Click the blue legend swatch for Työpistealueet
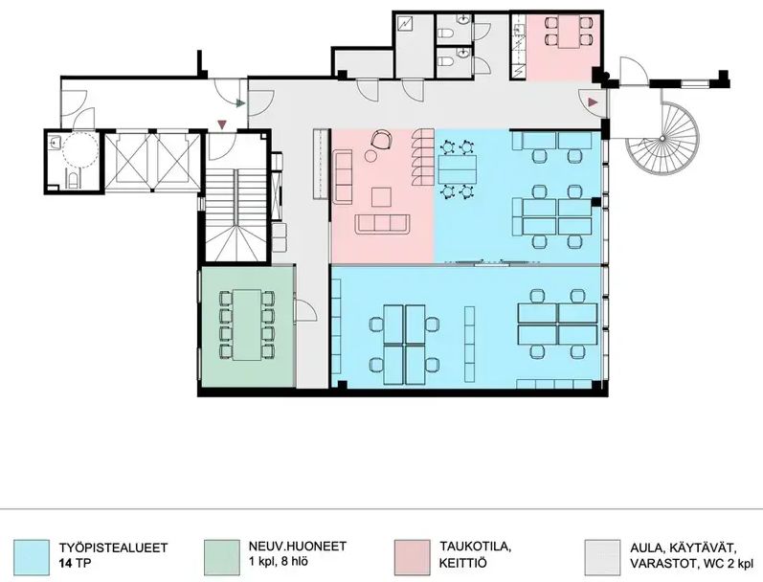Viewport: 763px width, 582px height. [x=32, y=557]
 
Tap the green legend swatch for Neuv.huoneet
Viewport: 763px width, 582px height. [x=222, y=557]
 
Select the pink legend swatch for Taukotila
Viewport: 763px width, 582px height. [x=413, y=557]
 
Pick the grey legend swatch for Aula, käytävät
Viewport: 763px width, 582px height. [x=602, y=557]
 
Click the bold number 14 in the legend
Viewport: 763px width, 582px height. [x=66, y=564]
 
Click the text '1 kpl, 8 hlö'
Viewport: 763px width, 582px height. [x=278, y=562]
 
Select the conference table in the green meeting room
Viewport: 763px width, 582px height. [x=247, y=325]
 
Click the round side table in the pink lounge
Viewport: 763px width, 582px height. [x=370, y=156]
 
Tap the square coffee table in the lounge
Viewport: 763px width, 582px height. [x=381, y=197]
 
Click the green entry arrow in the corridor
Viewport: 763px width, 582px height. [x=240, y=103]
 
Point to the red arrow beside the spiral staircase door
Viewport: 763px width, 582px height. [x=593, y=102]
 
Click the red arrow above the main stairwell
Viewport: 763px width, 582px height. [x=222, y=124]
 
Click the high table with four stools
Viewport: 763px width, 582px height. [x=457, y=168]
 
